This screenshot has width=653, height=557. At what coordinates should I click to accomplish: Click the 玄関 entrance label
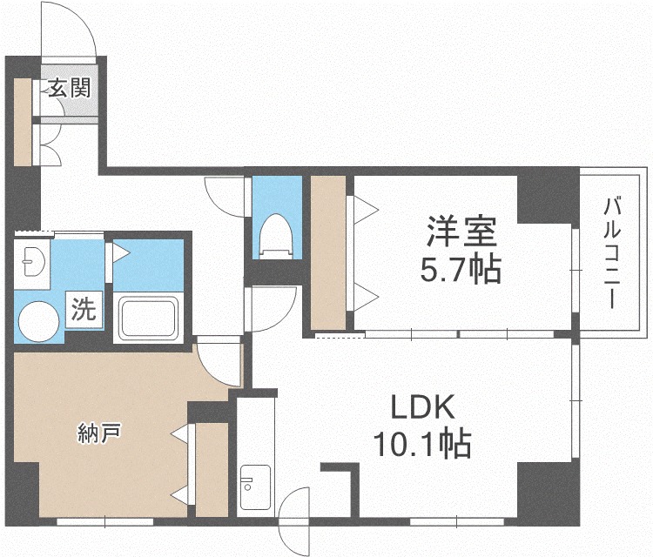coord(70,88)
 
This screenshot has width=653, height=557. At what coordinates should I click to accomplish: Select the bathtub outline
coord(149,318)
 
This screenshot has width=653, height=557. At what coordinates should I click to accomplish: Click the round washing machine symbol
coord(38,321)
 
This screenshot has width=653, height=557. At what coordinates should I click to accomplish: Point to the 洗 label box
coord(84,309)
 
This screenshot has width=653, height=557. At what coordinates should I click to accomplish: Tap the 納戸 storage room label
coord(99,433)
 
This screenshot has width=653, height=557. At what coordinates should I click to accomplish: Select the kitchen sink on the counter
coord(255,487)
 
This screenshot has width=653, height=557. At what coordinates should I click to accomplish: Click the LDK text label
coord(422,407)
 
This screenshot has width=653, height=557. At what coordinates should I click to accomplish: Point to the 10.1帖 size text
coord(422,444)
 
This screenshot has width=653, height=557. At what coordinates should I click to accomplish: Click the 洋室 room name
coord(461,231)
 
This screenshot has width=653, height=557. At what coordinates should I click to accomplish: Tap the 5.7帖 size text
coord(461,269)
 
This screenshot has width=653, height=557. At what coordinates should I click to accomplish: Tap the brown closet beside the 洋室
coord(328,252)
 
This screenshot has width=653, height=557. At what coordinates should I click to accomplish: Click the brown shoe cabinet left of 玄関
coord(23,123)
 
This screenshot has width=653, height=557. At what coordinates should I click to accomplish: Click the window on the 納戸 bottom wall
coord(105,521)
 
